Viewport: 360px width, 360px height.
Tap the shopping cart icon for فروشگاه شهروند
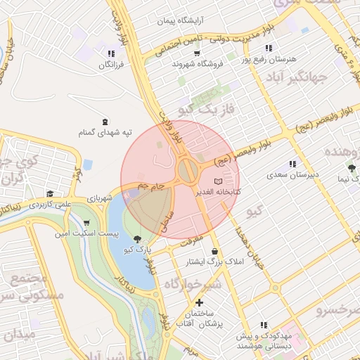click(197, 53)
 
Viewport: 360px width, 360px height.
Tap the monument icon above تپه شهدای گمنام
click(105, 122)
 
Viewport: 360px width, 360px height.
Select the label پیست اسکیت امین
click(89, 233)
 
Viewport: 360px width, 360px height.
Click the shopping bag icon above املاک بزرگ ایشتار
click(214, 251)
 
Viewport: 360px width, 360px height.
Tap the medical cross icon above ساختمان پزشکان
click(199, 302)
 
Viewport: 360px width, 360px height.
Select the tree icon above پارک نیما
click(351, 168)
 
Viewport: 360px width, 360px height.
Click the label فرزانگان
click(110, 64)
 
